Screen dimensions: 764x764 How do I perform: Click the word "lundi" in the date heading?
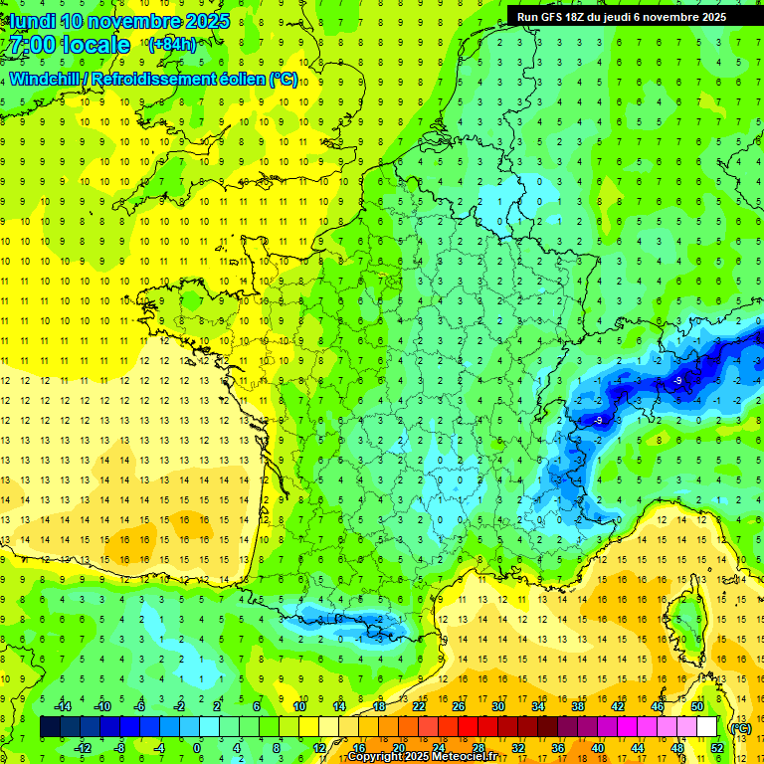pyautogui.click(x=31, y=21)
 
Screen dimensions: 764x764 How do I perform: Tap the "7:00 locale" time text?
pyautogui.click(x=68, y=45)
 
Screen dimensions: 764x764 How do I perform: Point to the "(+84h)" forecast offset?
pyautogui.click(x=171, y=45)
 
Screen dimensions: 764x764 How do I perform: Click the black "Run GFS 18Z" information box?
pyautogui.click(x=621, y=16)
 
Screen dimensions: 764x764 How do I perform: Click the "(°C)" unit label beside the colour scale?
pyautogui.click(x=741, y=728)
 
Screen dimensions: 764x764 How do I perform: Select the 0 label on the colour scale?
pyautogui.click(x=197, y=748)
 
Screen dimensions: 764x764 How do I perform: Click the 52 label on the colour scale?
pyautogui.click(x=717, y=748)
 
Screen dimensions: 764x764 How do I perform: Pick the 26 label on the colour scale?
pyautogui.click(x=459, y=705)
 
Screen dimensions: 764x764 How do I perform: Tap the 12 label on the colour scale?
pyautogui.click(x=319, y=748)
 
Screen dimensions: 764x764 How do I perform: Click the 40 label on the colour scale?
pyautogui.click(x=598, y=748)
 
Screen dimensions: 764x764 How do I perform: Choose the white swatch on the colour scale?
pyautogui.click(x=707, y=727)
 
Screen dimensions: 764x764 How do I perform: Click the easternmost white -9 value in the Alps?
pyautogui.click(x=677, y=380)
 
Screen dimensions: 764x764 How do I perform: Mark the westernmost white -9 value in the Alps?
pyautogui.click(x=598, y=421)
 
